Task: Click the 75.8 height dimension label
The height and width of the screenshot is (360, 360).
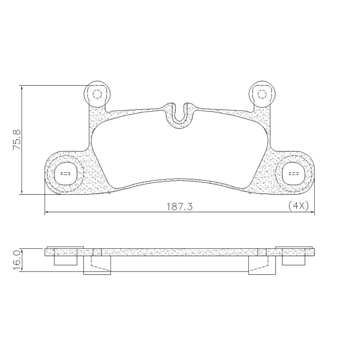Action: tap(17, 140)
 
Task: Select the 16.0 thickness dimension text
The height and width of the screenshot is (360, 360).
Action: tap(17, 260)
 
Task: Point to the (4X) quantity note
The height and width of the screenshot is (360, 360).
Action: tap(298, 206)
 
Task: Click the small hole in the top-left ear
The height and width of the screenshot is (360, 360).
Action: tap(98, 94)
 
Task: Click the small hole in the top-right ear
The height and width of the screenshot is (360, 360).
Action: tap(262, 94)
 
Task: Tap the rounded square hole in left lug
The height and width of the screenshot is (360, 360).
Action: tap(66, 174)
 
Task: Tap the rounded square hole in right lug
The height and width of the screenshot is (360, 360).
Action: tap(294, 174)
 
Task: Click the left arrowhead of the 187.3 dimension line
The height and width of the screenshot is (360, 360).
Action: tap(46, 213)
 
